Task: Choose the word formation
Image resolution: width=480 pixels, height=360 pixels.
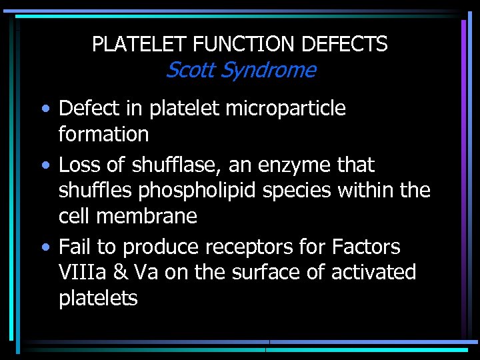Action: point(103,134)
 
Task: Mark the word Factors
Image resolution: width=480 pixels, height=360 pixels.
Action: point(365,247)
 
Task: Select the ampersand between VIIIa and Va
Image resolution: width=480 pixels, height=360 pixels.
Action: point(119,272)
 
